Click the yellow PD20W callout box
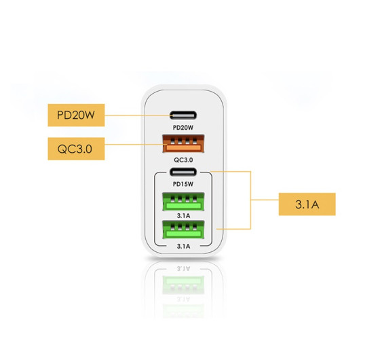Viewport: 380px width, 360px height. pos(76,115)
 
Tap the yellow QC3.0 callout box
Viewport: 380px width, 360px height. pos(76,149)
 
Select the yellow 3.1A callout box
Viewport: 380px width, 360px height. pos(307,204)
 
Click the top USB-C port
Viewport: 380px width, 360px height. pos(183,115)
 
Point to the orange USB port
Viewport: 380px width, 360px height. pos(183,143)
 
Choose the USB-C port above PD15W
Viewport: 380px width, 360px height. pos(183,172)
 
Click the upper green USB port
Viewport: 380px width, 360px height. pos(183,201)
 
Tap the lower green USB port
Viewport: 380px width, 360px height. pos(183,230)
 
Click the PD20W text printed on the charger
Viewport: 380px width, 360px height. pos(183,128)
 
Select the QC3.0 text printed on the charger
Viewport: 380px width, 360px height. pos(183,160)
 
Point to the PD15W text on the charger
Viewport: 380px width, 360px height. pos(183,184)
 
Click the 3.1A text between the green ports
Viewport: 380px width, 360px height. pos(183,216)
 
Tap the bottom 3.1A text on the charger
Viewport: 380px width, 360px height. pos(183,247)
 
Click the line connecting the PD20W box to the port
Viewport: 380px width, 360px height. pos(138,115)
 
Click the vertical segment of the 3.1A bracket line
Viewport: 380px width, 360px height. pos(250,200)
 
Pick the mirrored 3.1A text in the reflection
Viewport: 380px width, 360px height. pos(183,268)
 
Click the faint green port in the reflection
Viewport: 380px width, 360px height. pos(183,285)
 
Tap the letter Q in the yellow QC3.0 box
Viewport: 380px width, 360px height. pos(62,149)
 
